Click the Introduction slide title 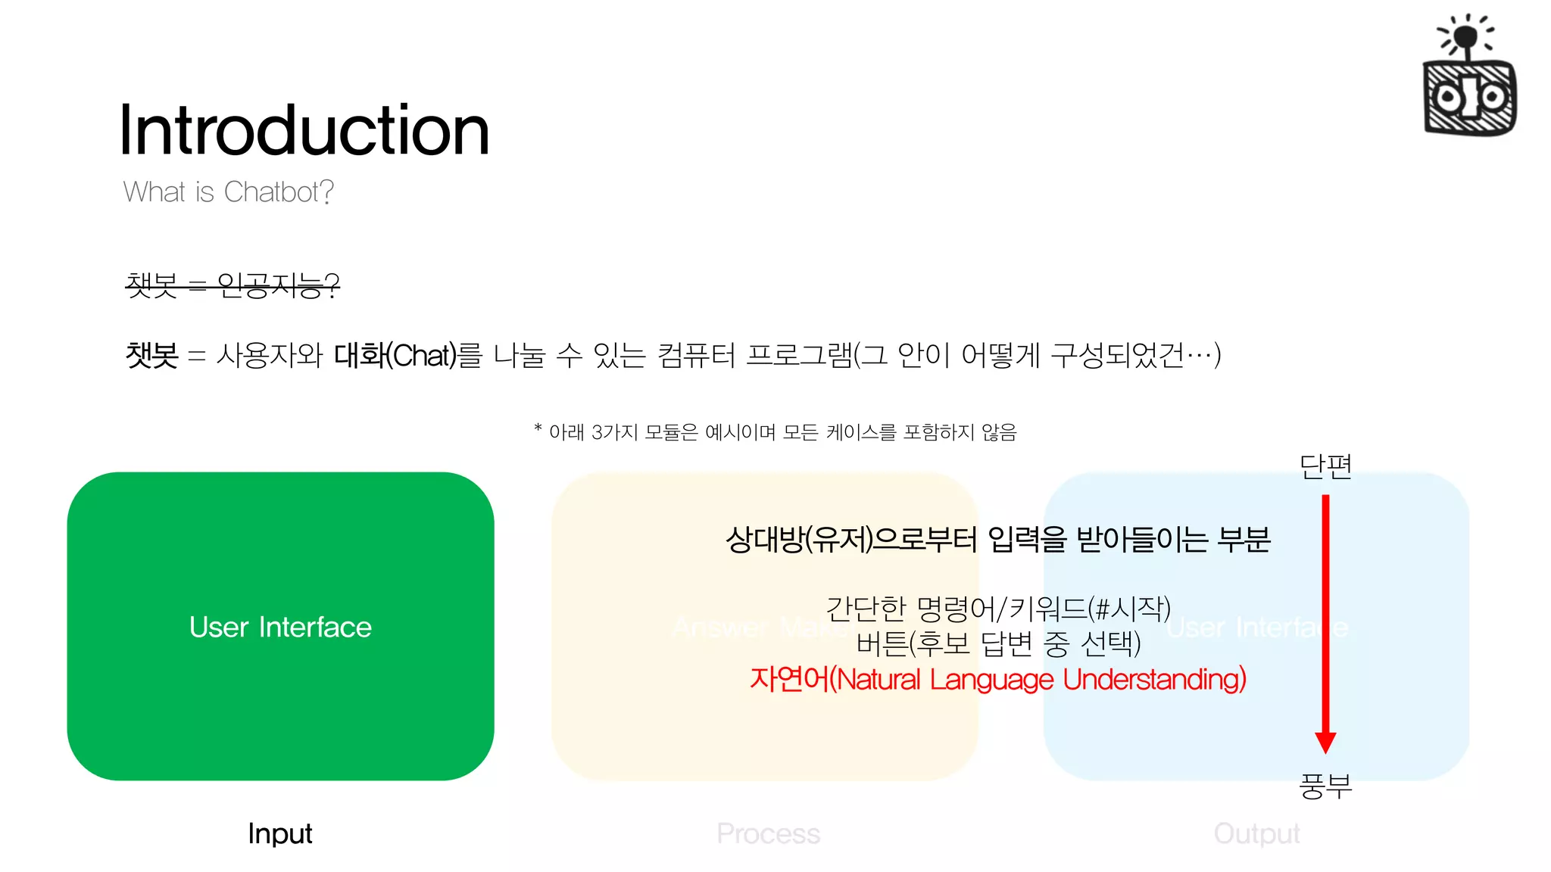(304, 130)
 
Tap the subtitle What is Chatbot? (228, 192)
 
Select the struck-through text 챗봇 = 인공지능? (232, 285)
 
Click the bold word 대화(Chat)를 (407, 355)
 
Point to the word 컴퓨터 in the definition (696, 355)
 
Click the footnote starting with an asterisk (775, 432)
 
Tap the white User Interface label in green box (280, 627)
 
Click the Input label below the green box (279, 833)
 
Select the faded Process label (768, 833)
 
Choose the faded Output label (1256, 833)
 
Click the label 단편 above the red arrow (1325, 466)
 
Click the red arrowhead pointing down (1325, 742)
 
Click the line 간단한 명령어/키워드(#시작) (997, 608)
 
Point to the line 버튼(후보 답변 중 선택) (997, 643)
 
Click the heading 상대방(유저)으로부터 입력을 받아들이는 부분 (997, 540)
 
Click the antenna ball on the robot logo (1466, 35)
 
